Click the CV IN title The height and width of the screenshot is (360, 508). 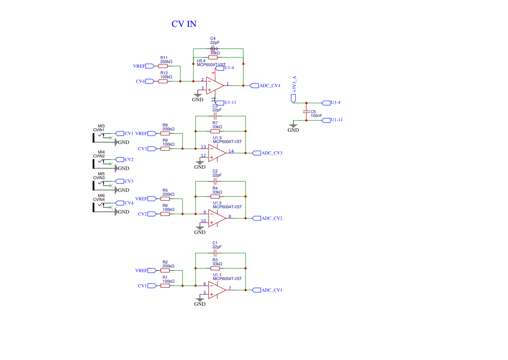point(184,24)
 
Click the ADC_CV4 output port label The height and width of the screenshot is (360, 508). point(269,86)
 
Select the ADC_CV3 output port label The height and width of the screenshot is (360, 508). point(272,153)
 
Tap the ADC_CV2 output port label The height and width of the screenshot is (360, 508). point(272,218)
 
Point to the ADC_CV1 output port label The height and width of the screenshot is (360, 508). point(272,290)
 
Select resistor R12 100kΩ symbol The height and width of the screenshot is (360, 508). point(163,81)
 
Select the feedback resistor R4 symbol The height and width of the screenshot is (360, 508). point(215,197)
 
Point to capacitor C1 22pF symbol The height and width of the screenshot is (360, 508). point(215,253)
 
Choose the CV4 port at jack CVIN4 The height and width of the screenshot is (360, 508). point(129,203)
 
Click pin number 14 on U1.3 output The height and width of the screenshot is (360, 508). point(231,151)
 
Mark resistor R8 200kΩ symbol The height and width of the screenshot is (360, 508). point(165,133)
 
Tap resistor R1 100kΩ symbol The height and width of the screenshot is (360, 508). point(165,286)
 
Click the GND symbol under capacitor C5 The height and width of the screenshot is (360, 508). point(293,127)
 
